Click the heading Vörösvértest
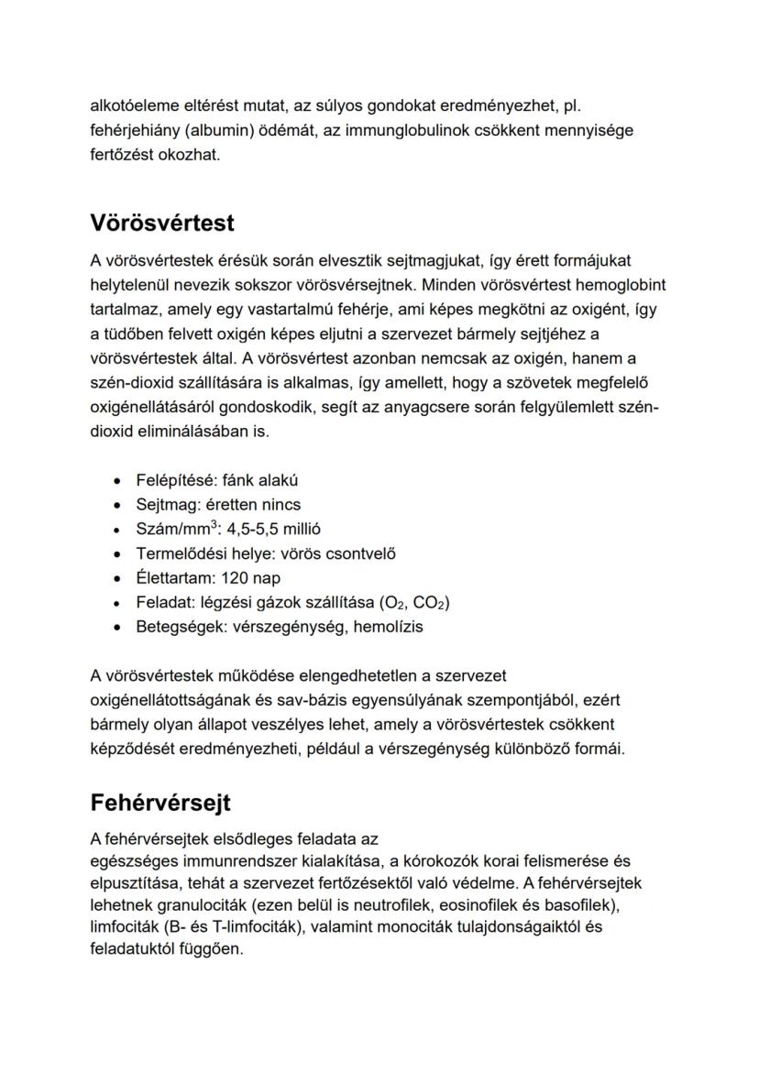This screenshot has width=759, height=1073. click(162, 223)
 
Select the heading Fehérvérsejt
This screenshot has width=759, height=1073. click(160, 803)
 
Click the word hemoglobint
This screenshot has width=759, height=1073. click(616, 284)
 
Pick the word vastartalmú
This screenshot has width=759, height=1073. click(259, 308)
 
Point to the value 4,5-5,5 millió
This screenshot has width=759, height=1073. click(273, 530)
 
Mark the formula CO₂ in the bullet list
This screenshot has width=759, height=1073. click(429, 603)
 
